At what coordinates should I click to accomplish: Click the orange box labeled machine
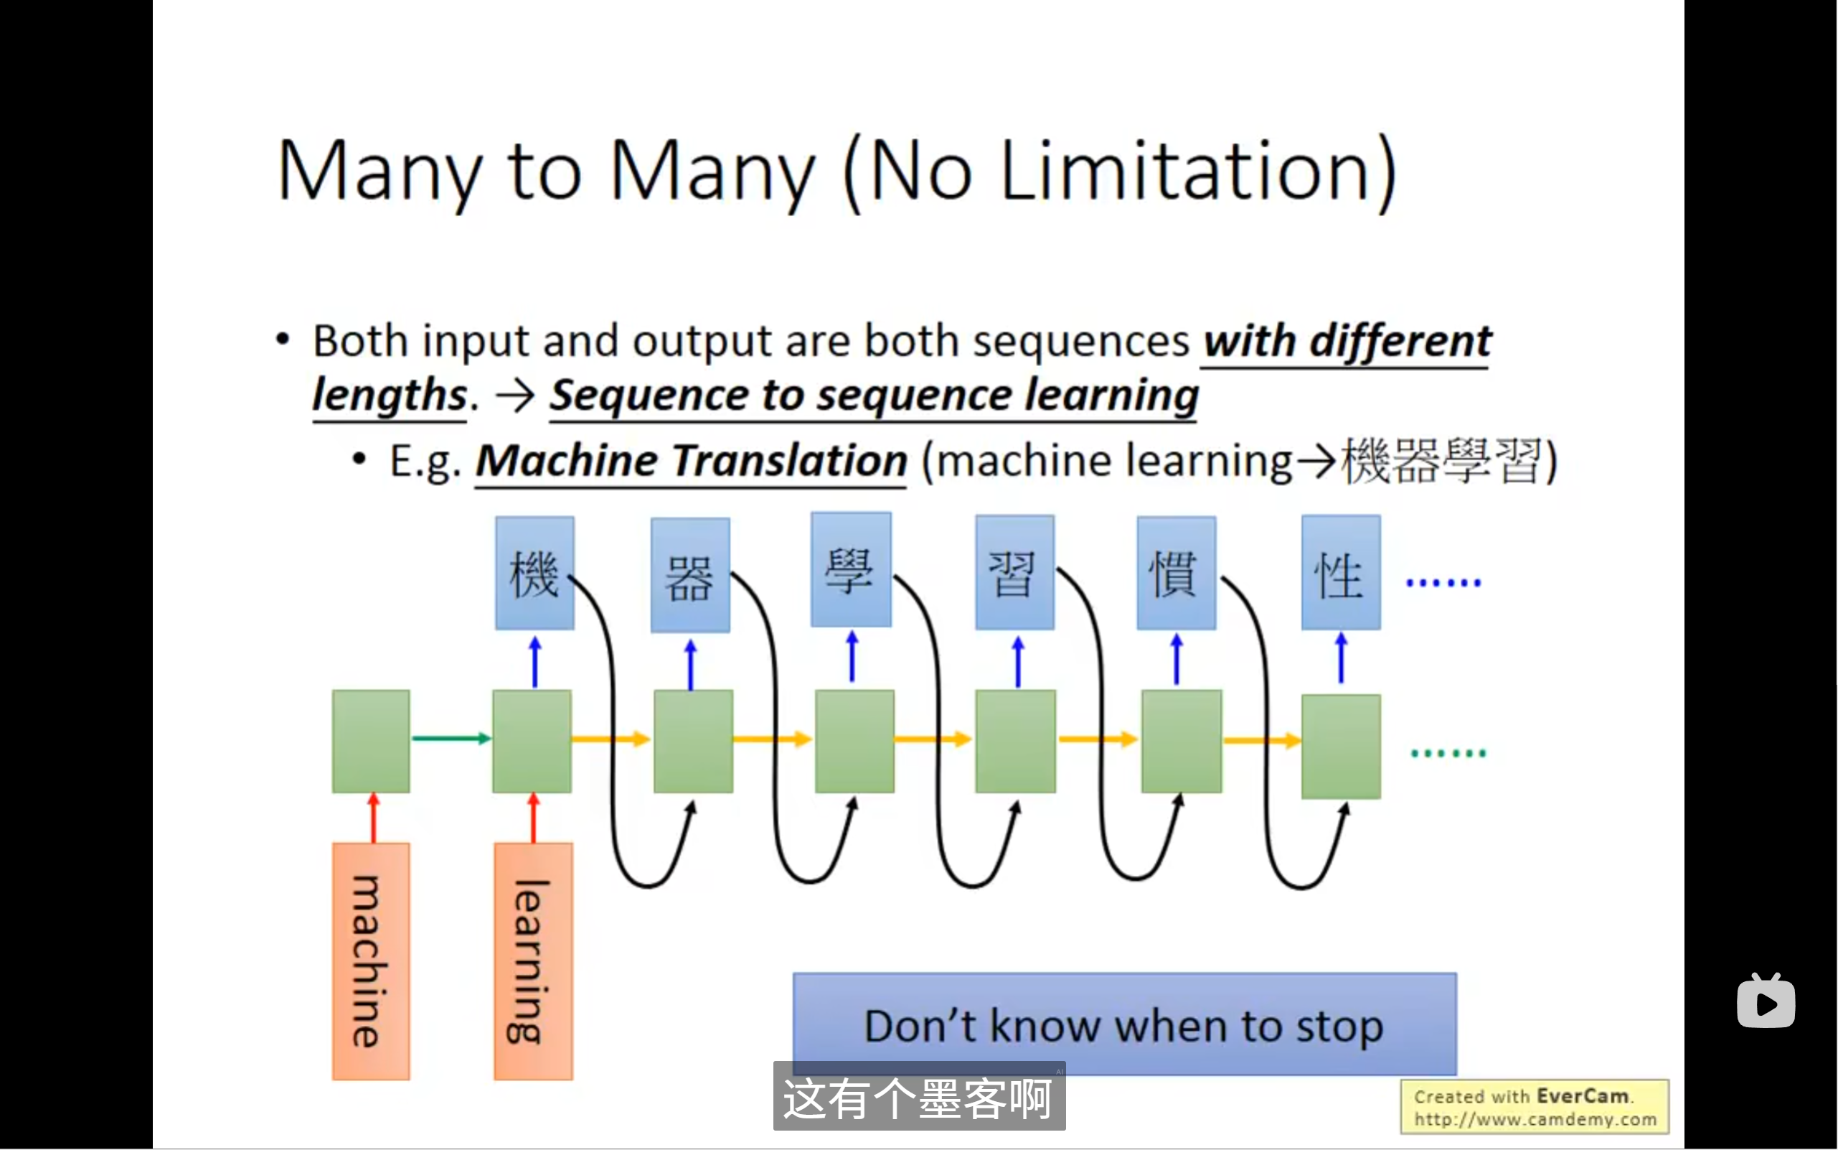[371, 960]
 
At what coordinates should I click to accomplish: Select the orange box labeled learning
[533, 960]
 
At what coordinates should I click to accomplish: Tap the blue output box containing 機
[534, 573]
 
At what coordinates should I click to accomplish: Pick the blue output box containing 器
[690, 575]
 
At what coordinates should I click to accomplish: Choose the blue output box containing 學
[851, 570]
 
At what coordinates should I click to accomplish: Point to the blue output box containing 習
[1015, 573]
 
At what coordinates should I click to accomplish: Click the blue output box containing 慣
[1176, 573]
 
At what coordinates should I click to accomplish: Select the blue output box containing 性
[1341, 573]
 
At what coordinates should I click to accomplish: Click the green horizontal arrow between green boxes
[451, 738]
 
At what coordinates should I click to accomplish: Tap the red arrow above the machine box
[373, 818]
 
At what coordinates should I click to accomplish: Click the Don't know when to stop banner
[1123, 1023]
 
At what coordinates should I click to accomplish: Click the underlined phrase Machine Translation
[691, 461]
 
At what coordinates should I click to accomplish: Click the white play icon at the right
[1766, 1002]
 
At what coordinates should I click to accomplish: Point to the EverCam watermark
[1534, 1107]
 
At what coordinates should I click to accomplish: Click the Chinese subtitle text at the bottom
[918, 1098]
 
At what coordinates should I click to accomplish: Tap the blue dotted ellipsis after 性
[1443, 584]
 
